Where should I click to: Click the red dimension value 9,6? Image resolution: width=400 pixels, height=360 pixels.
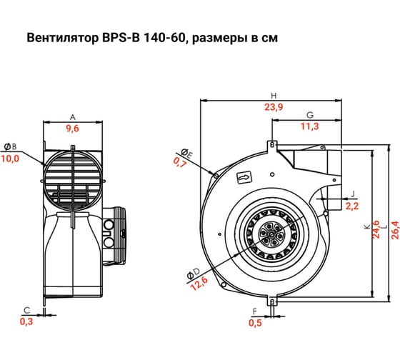(72, 129)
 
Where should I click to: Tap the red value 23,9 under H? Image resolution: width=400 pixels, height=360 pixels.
(274, 107)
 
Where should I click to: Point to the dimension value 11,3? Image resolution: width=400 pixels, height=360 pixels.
(310, 126)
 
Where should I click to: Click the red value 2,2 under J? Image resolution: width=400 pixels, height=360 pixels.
(351, 206)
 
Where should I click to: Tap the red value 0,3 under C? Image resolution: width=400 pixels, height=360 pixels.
(26, 321)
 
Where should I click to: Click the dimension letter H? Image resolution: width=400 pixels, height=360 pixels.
(274, 96)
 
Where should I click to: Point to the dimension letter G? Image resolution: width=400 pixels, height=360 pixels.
(310, 115)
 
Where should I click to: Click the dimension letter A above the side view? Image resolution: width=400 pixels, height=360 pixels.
(72, 116)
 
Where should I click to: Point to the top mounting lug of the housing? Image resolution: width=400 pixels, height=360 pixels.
(272, 144)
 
